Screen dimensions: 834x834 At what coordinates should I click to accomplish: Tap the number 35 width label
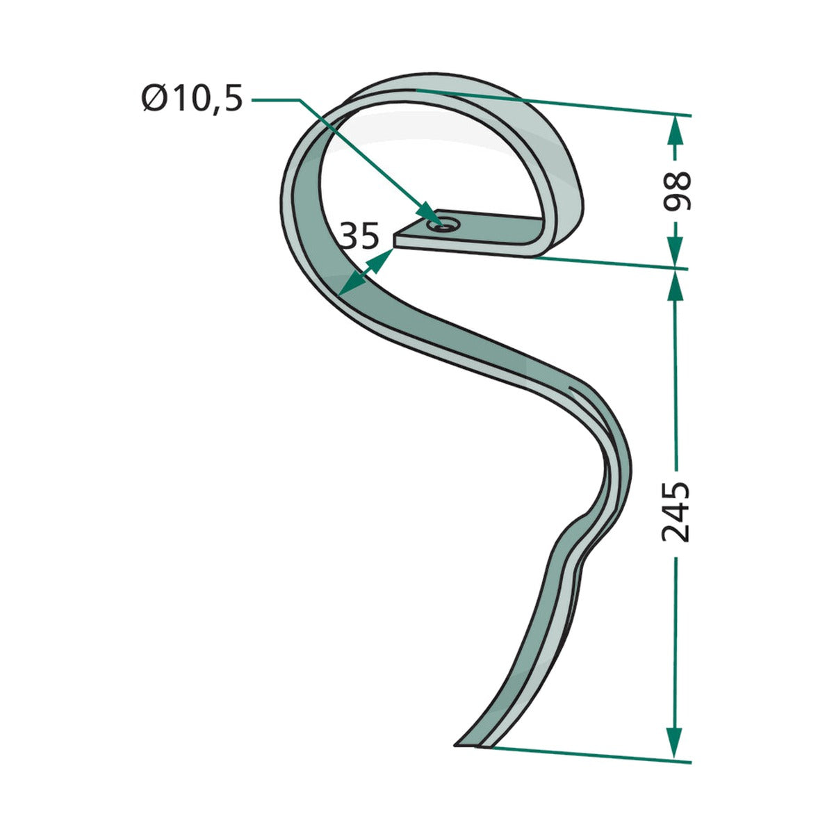coord(359,236)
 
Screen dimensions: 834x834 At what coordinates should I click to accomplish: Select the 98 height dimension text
coord(676,191)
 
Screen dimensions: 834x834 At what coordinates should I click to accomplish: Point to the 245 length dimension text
coord(676,512)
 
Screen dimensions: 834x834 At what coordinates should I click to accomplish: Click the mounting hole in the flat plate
coord(442,224)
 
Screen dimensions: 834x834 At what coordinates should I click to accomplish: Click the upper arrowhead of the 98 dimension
coord(675,130)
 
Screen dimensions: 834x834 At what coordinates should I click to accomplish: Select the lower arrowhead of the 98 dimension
coord(675,251)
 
